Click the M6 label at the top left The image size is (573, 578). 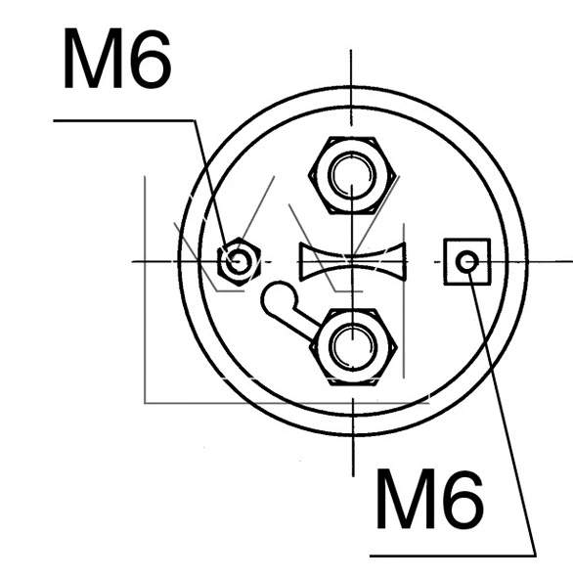(116, 62)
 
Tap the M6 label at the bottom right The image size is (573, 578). (428, 502)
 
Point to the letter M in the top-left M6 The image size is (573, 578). (92, 62)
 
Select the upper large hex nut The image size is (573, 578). (351, 176)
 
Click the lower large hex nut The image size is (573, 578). (351, 346)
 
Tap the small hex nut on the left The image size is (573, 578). (238, 261)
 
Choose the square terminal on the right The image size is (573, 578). (467, 261)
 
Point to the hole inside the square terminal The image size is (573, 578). (467, 261)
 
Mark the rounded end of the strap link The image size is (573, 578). (277, 296)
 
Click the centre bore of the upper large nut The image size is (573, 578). (351, 176)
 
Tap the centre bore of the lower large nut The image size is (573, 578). (351, 346)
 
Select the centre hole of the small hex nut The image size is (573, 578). (238, 261)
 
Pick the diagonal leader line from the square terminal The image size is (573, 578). (503, 411)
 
